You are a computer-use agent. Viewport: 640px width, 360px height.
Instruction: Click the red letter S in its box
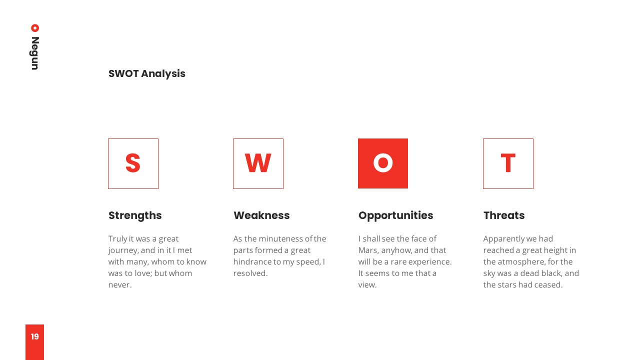coord(133,163)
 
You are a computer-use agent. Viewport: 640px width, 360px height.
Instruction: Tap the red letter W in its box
coord(258,163)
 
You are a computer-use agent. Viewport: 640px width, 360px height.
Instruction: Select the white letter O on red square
coord(383,163)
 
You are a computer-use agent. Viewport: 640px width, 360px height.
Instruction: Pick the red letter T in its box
coord(508,163)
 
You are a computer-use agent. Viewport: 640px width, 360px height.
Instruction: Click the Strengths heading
coord(135,215)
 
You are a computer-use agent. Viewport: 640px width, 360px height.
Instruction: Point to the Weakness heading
coord(261,215)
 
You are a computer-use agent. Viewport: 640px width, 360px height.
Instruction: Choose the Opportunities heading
coord(395,215)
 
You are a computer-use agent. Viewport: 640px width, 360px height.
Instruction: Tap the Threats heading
coord(504,215)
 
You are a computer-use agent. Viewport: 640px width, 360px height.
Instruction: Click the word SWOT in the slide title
coord(123,73)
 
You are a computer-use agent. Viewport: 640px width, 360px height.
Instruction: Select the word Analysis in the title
coord(163,73)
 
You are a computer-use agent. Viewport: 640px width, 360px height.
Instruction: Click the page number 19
coord(35,336)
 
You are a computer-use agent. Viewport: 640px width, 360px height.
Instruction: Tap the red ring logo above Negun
coord(35,28)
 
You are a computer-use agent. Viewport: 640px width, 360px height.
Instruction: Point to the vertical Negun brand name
coord(35,53)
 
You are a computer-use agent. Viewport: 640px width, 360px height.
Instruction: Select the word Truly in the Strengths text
coord(117,239)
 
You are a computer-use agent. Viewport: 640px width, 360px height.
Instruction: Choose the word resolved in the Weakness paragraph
coord(250,273)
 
